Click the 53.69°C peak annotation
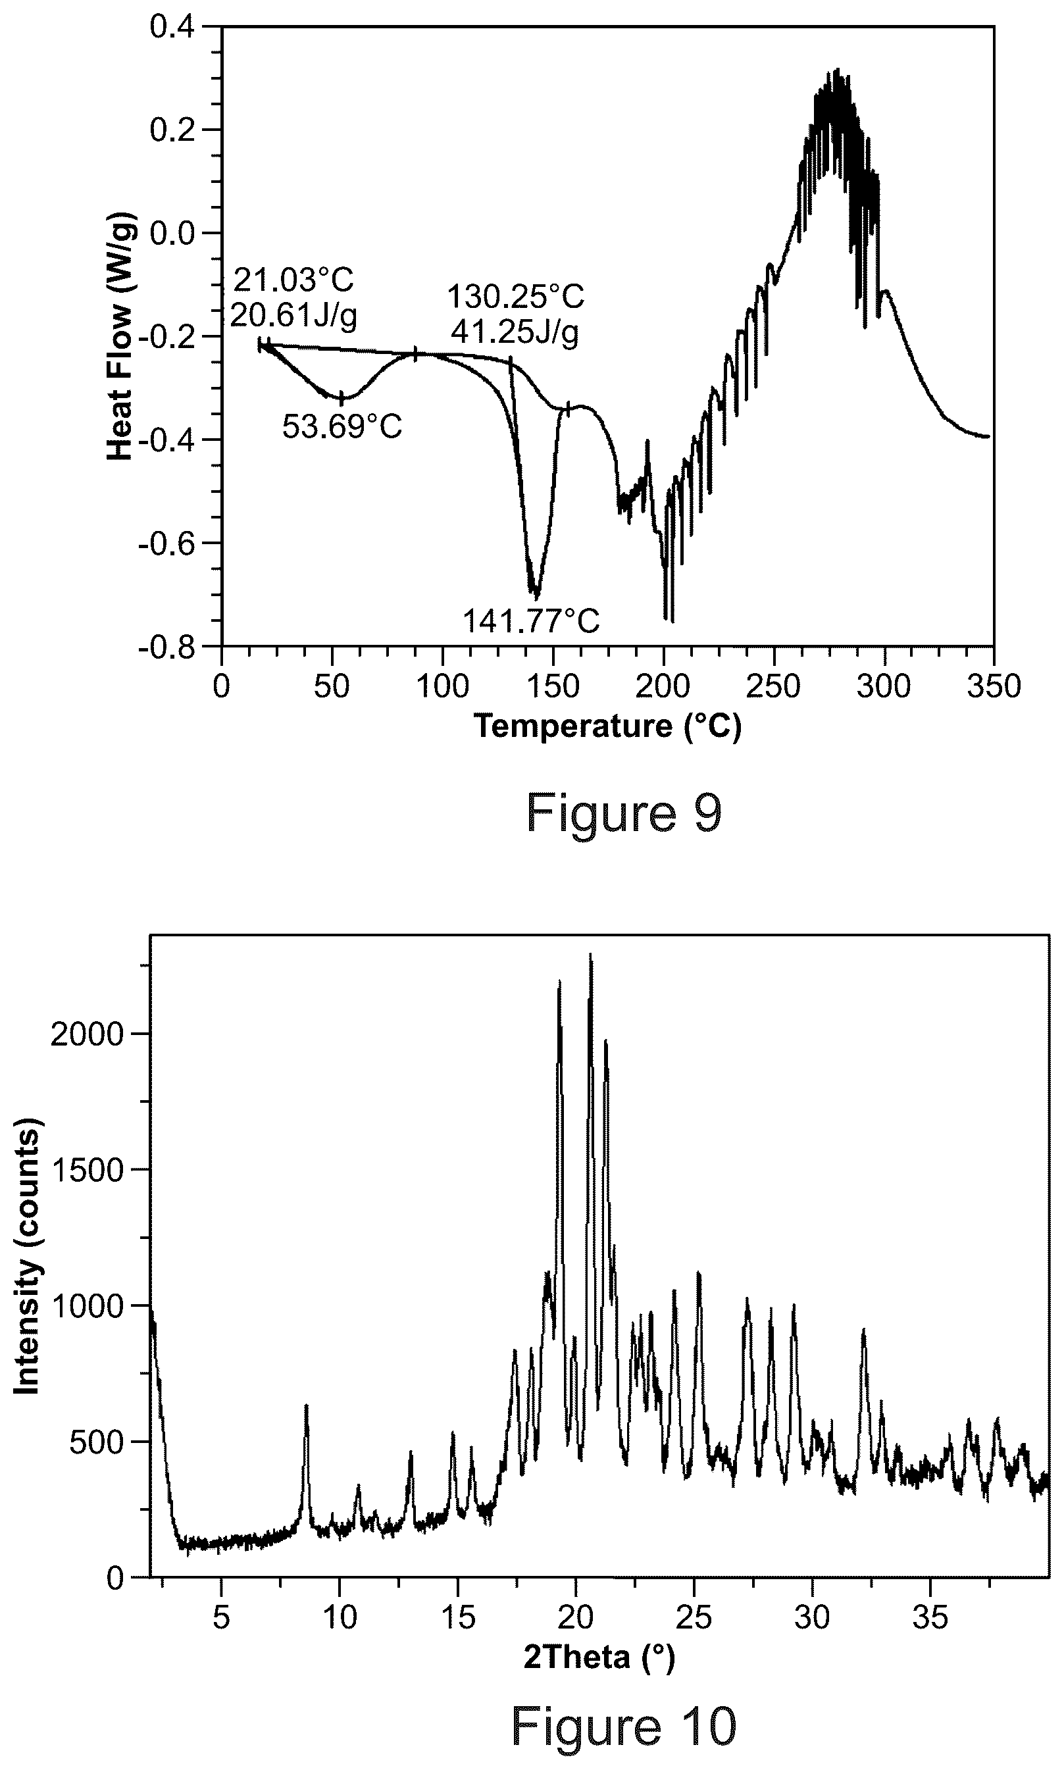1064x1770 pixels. (342, 427)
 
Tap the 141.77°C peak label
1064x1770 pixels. (530, 621)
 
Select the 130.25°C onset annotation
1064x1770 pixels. (515, 296)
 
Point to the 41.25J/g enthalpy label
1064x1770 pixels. (515, 332)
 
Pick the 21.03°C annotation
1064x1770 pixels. (294, 280)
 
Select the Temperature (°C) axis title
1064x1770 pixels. (608, 727)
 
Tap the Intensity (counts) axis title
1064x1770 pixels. (27, 1255)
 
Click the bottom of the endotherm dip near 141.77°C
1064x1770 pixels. (534, 595)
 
